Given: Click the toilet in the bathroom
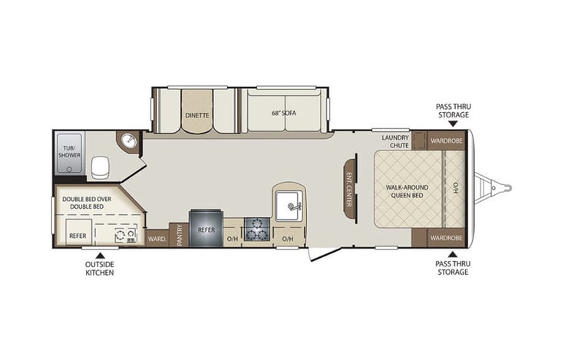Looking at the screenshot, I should coord(100,166).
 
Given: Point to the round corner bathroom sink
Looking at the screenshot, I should coord(127,143).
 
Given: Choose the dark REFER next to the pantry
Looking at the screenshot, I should coord(206,229).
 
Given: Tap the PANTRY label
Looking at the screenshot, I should coord(178,232).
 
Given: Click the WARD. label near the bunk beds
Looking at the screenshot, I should coord(157,239).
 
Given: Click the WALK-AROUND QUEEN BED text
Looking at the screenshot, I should coord(407,191).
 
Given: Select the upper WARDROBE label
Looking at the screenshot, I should coord(444,140).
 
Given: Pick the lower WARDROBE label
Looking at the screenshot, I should coord(444,237).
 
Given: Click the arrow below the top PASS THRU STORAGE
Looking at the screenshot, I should coord(453,122).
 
